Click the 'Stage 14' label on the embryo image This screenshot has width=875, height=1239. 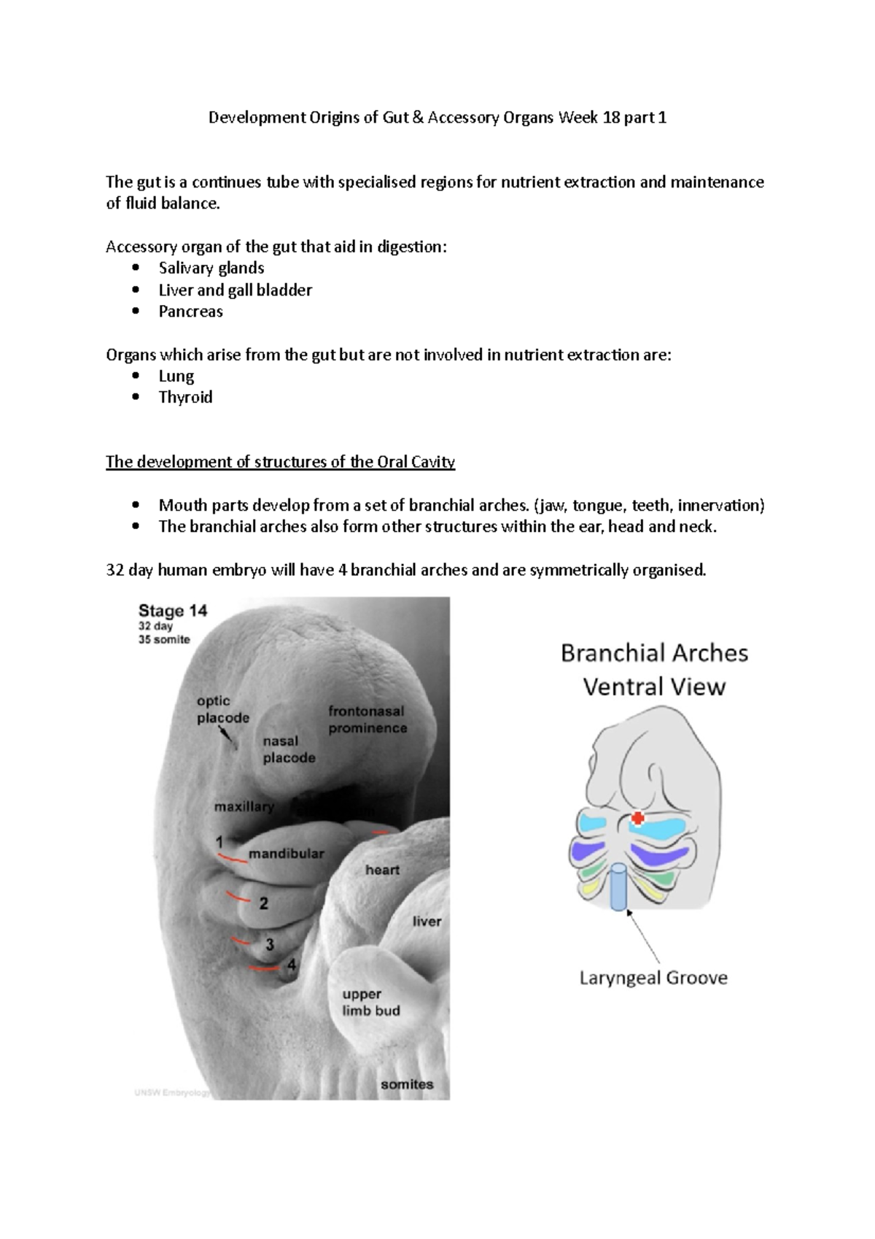point(173,611)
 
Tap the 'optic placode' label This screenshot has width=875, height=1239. point(222,709)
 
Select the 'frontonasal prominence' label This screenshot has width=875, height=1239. point(367,719)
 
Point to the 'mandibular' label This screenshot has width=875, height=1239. point(286,853)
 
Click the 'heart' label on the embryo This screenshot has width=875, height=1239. point(382,870)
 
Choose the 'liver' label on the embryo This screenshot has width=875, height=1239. point(427,922)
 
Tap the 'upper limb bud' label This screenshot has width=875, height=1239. point(371,1003)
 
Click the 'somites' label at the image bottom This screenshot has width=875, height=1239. point(407,1084)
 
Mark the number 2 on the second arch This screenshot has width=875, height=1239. point(263,903)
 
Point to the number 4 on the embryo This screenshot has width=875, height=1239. point(291,965)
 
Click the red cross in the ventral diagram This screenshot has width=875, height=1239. point(637,818)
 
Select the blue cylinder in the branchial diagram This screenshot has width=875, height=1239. point(619,887)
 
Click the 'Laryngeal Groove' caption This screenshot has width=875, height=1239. point(653,978)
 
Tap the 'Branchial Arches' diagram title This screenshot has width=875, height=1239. point(654,653)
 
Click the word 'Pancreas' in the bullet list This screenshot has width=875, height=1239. point(191,312)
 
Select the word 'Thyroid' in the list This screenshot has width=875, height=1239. point(186,398)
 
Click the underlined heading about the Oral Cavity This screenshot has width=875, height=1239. point(281,462)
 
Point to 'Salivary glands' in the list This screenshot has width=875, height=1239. point(211,269)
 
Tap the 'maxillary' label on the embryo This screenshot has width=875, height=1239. point(244,806)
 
